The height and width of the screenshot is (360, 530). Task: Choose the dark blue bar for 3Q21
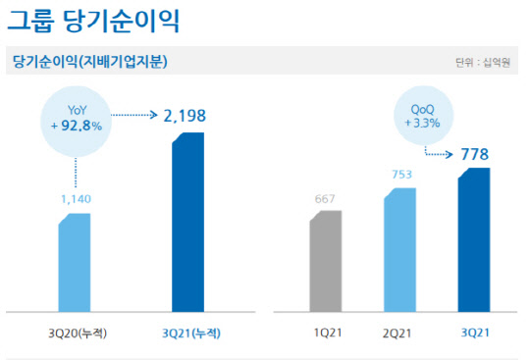pyautogui.click(x=474, y=240)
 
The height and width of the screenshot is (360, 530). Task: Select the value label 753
pyautogui.click(x=399, y=175)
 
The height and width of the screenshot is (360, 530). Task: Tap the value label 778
pyautogui.click(x=474, y=154)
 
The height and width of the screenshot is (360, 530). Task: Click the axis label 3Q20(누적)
pyautogui.click(x=76, y=334)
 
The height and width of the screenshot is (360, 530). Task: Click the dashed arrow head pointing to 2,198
pyautogui.click(x=156, y=116)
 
